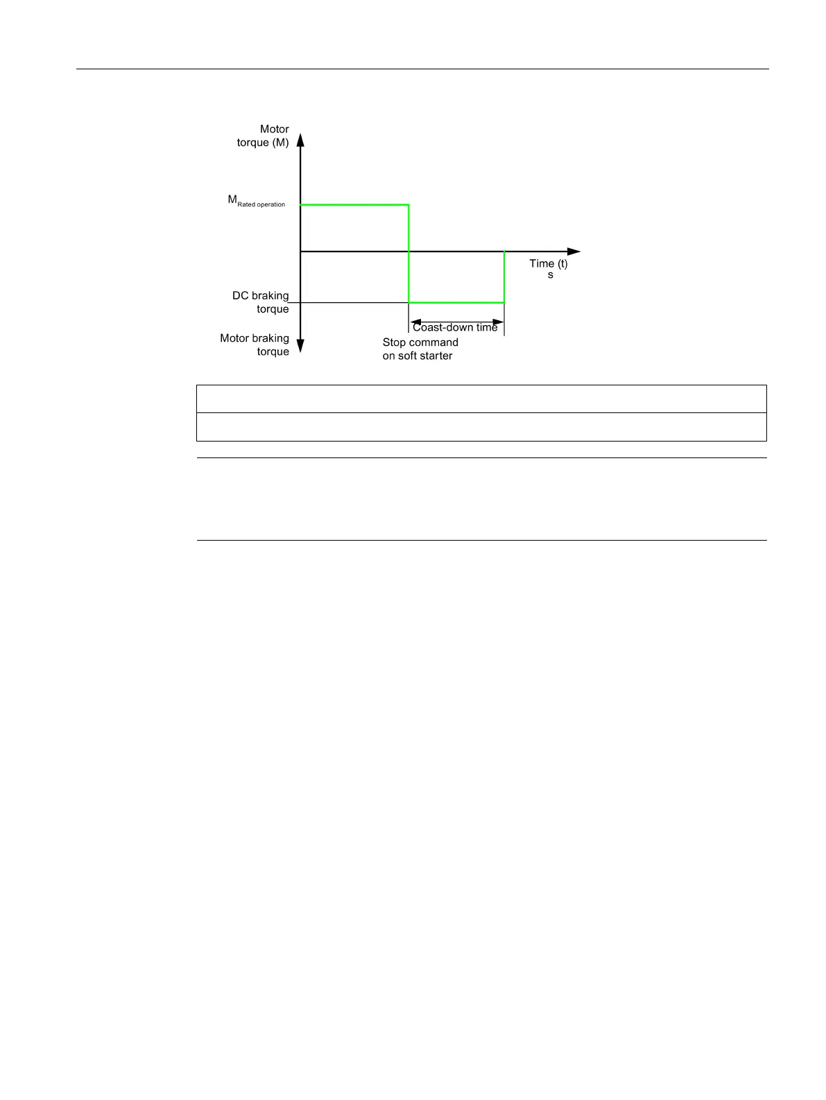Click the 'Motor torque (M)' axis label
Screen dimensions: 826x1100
(263, 136)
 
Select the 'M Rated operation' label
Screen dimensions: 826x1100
(257, 201)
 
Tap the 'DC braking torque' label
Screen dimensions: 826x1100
(261, 302)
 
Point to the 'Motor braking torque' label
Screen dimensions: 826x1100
(255, 345)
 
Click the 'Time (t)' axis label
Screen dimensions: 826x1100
(548, 263)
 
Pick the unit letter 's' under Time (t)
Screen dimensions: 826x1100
(551, 275)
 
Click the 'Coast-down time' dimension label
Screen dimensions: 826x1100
(455, 327)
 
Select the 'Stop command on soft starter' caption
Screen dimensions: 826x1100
(420, 349)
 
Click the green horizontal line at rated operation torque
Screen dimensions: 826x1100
(354, 205)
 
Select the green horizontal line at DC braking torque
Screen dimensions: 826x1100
(456, 303)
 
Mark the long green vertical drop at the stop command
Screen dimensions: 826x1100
(408, 254)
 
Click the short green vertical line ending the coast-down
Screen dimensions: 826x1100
(504, 277)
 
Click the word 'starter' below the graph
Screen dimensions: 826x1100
(435, 356)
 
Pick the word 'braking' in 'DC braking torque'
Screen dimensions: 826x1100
(270, 296)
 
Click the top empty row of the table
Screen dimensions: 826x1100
(481, 399)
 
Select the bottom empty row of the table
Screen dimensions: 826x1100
(481, 427)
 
